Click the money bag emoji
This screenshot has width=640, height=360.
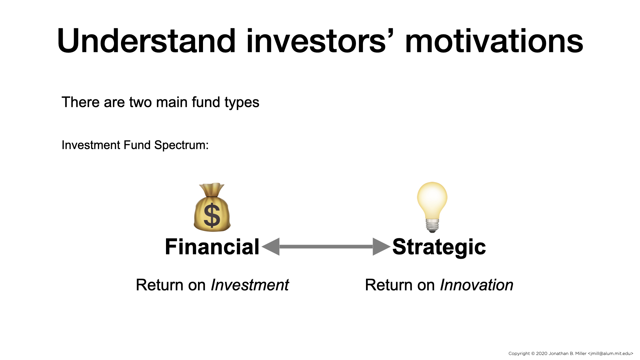click(212, 207)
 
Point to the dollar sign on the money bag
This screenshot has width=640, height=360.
click(212, 215)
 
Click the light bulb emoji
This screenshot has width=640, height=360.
click(432, 207)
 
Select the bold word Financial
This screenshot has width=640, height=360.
click(212, 247)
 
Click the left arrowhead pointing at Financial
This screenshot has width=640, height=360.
click(271, 247)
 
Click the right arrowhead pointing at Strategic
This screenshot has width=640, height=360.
click(381, 247)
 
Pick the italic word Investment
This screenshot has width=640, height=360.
click(250, 285)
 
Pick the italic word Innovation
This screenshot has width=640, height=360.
click(477, 285)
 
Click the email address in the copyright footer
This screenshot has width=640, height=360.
click(611, 353)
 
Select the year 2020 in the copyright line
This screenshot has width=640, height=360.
click(542, 353)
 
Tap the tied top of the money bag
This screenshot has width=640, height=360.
click(212, 189)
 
